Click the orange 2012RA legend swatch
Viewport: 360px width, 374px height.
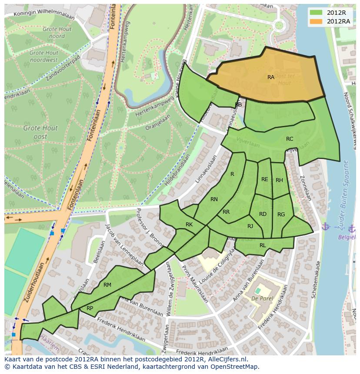click(x=317, y=21)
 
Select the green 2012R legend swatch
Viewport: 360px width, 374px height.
click(x=317, y=12)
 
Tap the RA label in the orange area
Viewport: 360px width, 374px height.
click(x=271, y=77)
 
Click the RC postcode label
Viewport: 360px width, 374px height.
click(x=290, y=139)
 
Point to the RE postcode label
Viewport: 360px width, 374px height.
click(x=265, y=179)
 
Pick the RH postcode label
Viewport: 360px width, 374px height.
click(x=279, y=180)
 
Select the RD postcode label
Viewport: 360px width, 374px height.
click(x=263, y=214)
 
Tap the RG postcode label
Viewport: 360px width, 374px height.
click(x=281, y=215)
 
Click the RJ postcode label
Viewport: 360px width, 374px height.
click(x=250, y=226)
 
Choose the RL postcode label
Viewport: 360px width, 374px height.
click(x=263, y=245)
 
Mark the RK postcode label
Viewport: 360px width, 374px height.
click(x=189, y=225)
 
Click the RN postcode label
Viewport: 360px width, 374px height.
click(x=214, y=199)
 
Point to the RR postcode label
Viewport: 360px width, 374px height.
click(x=226, y=212)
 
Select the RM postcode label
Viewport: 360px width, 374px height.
click(x=107, y=285)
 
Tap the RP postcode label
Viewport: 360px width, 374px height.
click(x=90, y=308)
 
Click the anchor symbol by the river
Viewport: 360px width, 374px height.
click(x=325, y=226)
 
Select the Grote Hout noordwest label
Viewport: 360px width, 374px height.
click(x=43, y=56)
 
